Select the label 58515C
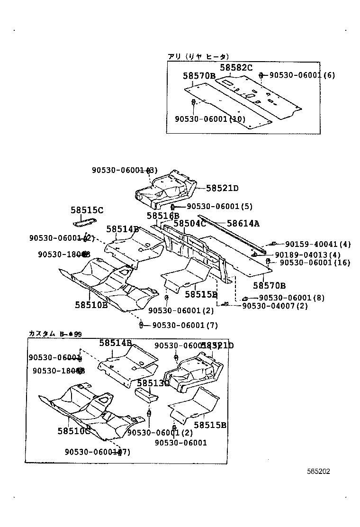click(87, 210)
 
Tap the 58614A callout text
click(243, 223)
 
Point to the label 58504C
click(189, 223)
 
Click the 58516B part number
click(162, 216)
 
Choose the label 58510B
click(91, 305)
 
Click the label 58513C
click(153, 383)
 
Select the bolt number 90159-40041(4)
click(318, 244)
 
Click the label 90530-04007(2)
click(275, 306)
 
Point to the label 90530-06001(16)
click(314, 262)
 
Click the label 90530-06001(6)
click(302, 75)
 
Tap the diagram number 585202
click(318, 472)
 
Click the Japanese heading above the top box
click(198, 56)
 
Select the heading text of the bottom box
click(55, 334)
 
